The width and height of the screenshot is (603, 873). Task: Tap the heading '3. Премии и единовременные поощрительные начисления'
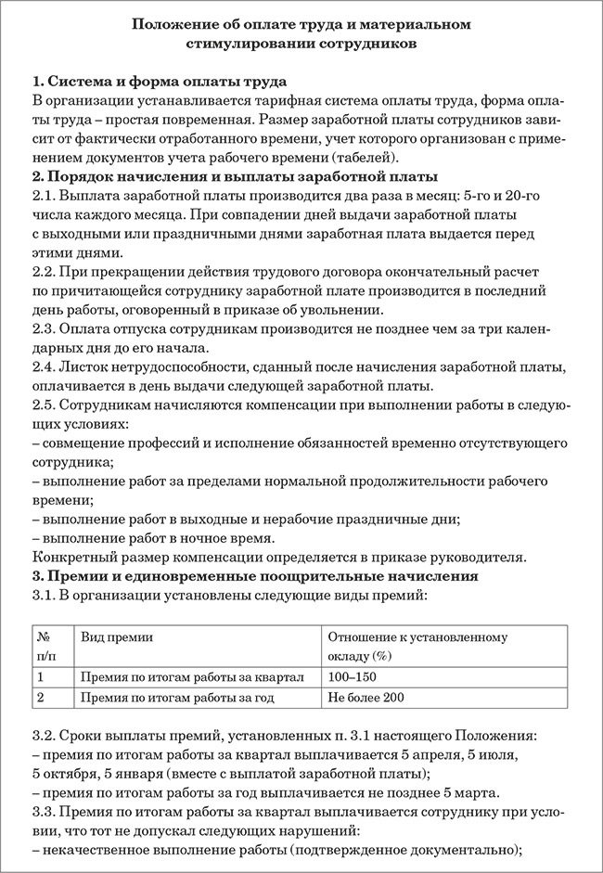pos(255,576)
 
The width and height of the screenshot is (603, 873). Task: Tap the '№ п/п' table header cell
pos(44,647)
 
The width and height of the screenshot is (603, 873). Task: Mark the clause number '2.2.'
pos(45,273)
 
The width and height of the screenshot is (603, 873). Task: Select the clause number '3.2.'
pos(45,737)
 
